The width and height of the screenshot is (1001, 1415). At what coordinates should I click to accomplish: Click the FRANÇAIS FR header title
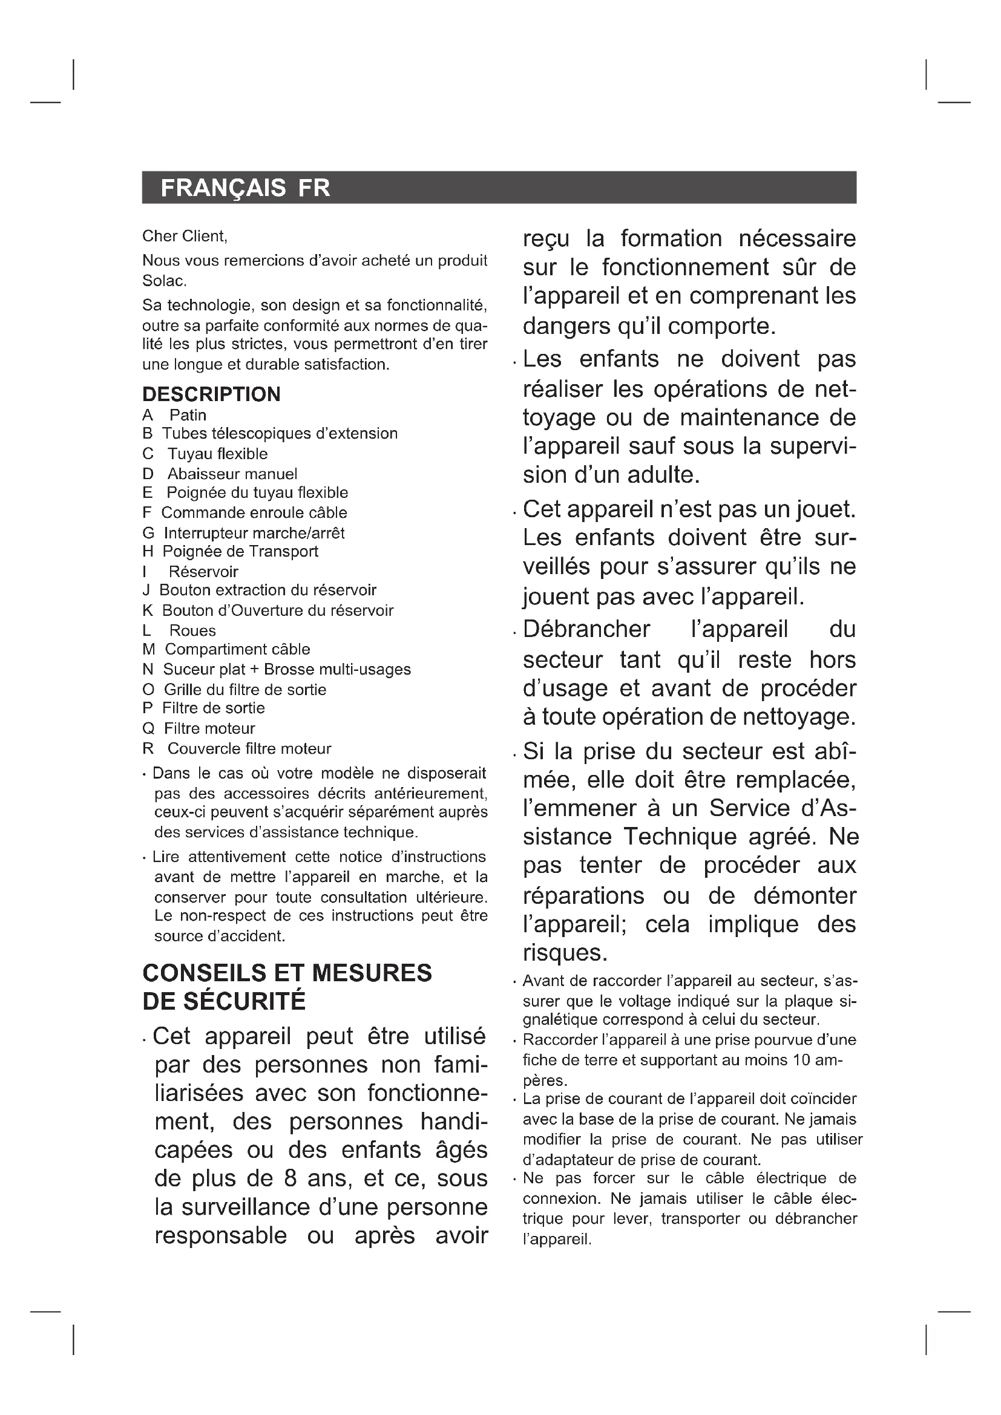click(245, 188)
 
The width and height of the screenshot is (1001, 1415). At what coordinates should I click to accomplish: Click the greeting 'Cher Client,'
click(185, 236)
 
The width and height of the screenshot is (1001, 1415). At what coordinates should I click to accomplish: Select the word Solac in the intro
click(163, 281)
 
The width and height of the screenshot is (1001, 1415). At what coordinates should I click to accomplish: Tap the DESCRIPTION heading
click(211, 394)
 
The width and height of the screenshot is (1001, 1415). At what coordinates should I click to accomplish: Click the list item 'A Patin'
click(174, 415)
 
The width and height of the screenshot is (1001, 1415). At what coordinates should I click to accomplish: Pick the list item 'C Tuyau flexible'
click(205, 454)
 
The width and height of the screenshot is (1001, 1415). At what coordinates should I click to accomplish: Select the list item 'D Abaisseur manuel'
click(220, 474)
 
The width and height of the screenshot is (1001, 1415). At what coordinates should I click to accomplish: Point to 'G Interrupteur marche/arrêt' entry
click(243, 532)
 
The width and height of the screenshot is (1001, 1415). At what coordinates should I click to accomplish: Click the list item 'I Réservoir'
click(191, 571)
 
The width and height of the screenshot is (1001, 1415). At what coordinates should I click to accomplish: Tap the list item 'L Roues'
click(179, 630)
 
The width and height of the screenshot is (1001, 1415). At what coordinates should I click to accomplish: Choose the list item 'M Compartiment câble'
click(226, 649)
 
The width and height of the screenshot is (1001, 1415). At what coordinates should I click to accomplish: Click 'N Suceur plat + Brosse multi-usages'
click(277, 669)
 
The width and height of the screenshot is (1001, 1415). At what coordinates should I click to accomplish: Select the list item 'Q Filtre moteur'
click(199, 728)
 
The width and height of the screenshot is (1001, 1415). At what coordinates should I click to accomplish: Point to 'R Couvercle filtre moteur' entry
click(237, 749)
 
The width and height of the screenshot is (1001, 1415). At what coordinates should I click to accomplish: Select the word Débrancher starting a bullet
click(586, 629)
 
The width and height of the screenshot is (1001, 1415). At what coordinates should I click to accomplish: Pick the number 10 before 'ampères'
click(803, 1060)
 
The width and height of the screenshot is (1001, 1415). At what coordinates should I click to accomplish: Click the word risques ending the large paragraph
click(565, 953)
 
